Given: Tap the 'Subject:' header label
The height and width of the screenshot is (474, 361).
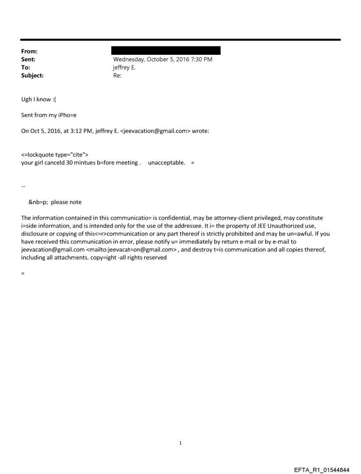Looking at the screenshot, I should (x=32, y=76).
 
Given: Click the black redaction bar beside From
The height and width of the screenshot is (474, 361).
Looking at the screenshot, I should (x=166, y=50).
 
